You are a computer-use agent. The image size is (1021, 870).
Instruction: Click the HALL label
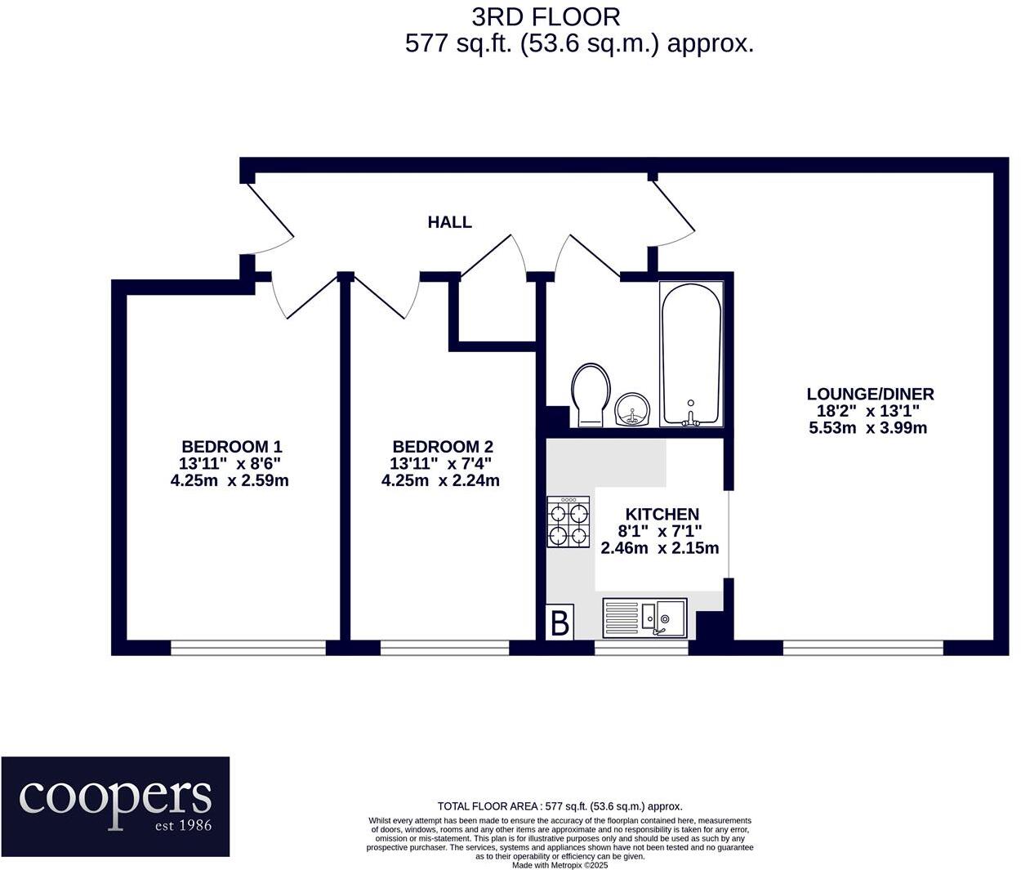coord(449,222)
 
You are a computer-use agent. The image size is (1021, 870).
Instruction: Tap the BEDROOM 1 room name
coord(231,447)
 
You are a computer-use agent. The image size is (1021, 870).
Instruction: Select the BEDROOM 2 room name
coord(443,447)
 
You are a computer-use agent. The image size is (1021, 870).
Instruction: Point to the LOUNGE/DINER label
coord(870,394)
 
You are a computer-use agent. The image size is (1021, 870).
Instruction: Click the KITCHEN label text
coord(662,514)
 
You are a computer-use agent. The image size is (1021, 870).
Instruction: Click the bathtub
coord(691,355)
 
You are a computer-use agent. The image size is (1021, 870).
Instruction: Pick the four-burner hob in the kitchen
coord(568,523)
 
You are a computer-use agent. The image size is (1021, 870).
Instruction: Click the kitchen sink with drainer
coord(644,618)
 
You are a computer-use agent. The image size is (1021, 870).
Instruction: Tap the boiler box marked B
coord(560,623)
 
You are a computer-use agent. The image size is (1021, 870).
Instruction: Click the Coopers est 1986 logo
coord(115,806)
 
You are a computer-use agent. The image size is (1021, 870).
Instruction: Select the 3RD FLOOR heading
coord(546,16)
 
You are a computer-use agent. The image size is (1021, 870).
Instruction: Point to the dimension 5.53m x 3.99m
coord(867,428)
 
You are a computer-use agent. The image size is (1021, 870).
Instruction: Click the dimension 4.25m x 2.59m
coord(230,481)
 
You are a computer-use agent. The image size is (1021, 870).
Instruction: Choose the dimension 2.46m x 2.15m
coord(660,548)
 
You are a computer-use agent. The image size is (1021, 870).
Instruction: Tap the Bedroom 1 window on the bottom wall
coord(248,648)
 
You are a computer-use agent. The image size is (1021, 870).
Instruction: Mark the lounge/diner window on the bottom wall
coord(863,648)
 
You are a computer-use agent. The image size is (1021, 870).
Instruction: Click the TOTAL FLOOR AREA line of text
coord(560,806)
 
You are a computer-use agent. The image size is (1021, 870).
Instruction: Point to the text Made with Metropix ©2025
coord(560,864)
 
